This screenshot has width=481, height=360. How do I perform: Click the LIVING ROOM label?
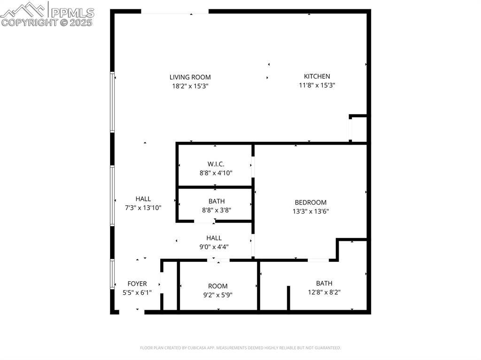190,77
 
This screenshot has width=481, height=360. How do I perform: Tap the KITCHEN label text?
317,76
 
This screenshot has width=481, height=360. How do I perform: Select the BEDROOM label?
310,202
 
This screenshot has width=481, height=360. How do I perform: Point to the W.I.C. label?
216,164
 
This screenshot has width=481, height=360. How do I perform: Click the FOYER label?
137,283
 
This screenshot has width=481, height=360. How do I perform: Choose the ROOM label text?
217,286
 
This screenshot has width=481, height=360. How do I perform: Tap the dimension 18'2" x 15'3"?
190,86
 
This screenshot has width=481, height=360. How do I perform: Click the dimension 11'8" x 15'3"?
317,85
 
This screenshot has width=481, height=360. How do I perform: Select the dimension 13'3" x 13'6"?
310,211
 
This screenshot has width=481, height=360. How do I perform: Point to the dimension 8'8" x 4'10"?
216,173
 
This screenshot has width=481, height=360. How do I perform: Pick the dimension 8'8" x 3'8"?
216,210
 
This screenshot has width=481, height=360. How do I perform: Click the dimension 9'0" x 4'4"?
214,247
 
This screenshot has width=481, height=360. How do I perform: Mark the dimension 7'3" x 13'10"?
143,207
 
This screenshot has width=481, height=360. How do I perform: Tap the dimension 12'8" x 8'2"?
324,292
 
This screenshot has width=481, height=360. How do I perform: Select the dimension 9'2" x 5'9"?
217,295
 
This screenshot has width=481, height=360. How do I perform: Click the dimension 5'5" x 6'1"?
137,292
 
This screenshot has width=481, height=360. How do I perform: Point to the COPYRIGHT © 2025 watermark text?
47,22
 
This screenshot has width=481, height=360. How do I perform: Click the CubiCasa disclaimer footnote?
240,348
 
